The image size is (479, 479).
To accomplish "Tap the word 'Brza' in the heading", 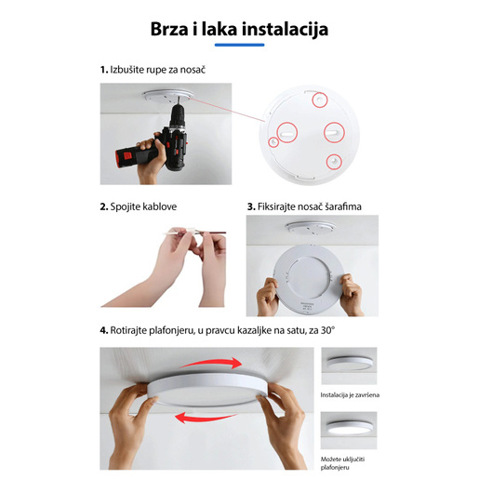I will (173, 30).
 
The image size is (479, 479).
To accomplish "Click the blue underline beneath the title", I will (239, 45).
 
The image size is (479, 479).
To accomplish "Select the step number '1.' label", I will (104, 70).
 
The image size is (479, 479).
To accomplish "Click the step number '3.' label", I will (251, 206).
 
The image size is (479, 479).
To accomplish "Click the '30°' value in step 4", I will (326, 330).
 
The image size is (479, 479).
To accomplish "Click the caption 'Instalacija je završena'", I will (350, 395).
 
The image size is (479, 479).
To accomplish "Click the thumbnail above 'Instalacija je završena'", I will (350, 366).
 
